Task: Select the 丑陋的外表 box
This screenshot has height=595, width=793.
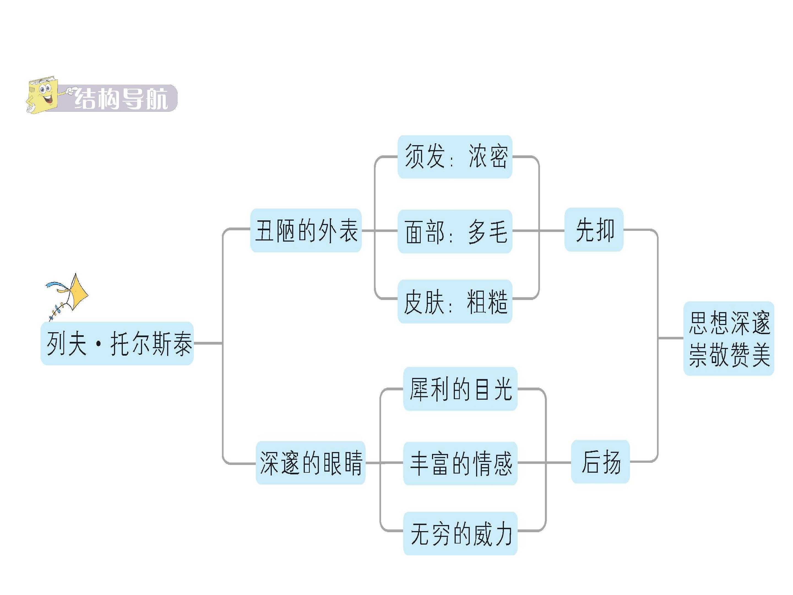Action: (306, 230)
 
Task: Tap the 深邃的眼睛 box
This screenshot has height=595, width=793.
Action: (311, 463)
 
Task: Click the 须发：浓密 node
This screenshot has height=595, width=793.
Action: (455, 157)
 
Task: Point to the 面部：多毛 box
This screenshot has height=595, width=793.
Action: (455, 231)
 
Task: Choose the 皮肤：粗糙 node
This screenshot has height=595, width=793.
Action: (455, 301)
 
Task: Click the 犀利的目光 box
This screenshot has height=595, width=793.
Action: (460, 389)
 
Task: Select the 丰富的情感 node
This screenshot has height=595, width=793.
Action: (460, 463)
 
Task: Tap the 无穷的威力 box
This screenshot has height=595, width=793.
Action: (460, 533)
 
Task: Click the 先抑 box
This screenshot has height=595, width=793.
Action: (594, 229)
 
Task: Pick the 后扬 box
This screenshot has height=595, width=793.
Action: (601, 462)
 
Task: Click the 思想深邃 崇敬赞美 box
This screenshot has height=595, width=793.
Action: (729, 339)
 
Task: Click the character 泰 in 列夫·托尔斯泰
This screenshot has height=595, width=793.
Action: (183, 344)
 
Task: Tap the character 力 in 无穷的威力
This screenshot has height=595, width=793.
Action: (503, 534)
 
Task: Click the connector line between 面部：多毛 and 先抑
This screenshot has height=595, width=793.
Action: (539, 231)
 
